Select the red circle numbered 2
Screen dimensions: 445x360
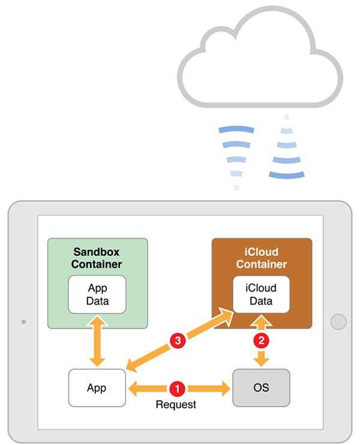261,341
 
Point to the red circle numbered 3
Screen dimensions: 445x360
177,341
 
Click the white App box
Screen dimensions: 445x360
97,388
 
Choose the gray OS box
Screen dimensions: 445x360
261,388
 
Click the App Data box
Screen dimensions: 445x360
97,294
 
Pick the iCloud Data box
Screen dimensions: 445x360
261,294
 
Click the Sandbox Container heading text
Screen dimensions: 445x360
97,258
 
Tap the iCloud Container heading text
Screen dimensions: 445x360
261,258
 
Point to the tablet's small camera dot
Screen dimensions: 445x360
23,322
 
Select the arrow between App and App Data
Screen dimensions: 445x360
97,341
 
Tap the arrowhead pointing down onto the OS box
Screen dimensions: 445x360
261,361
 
